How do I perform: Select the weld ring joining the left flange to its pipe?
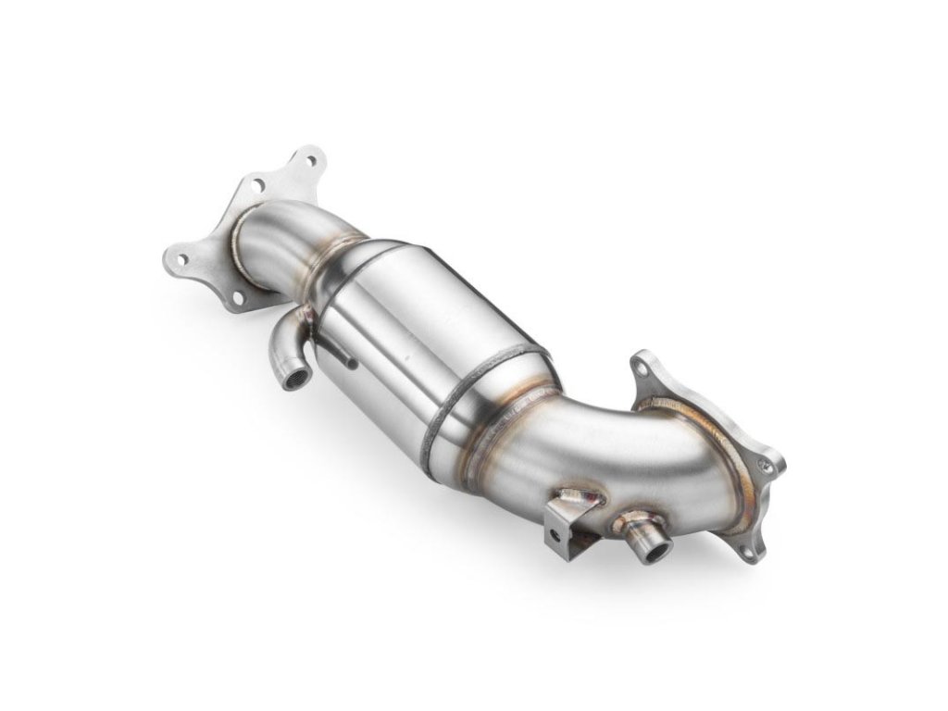[243, 243]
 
